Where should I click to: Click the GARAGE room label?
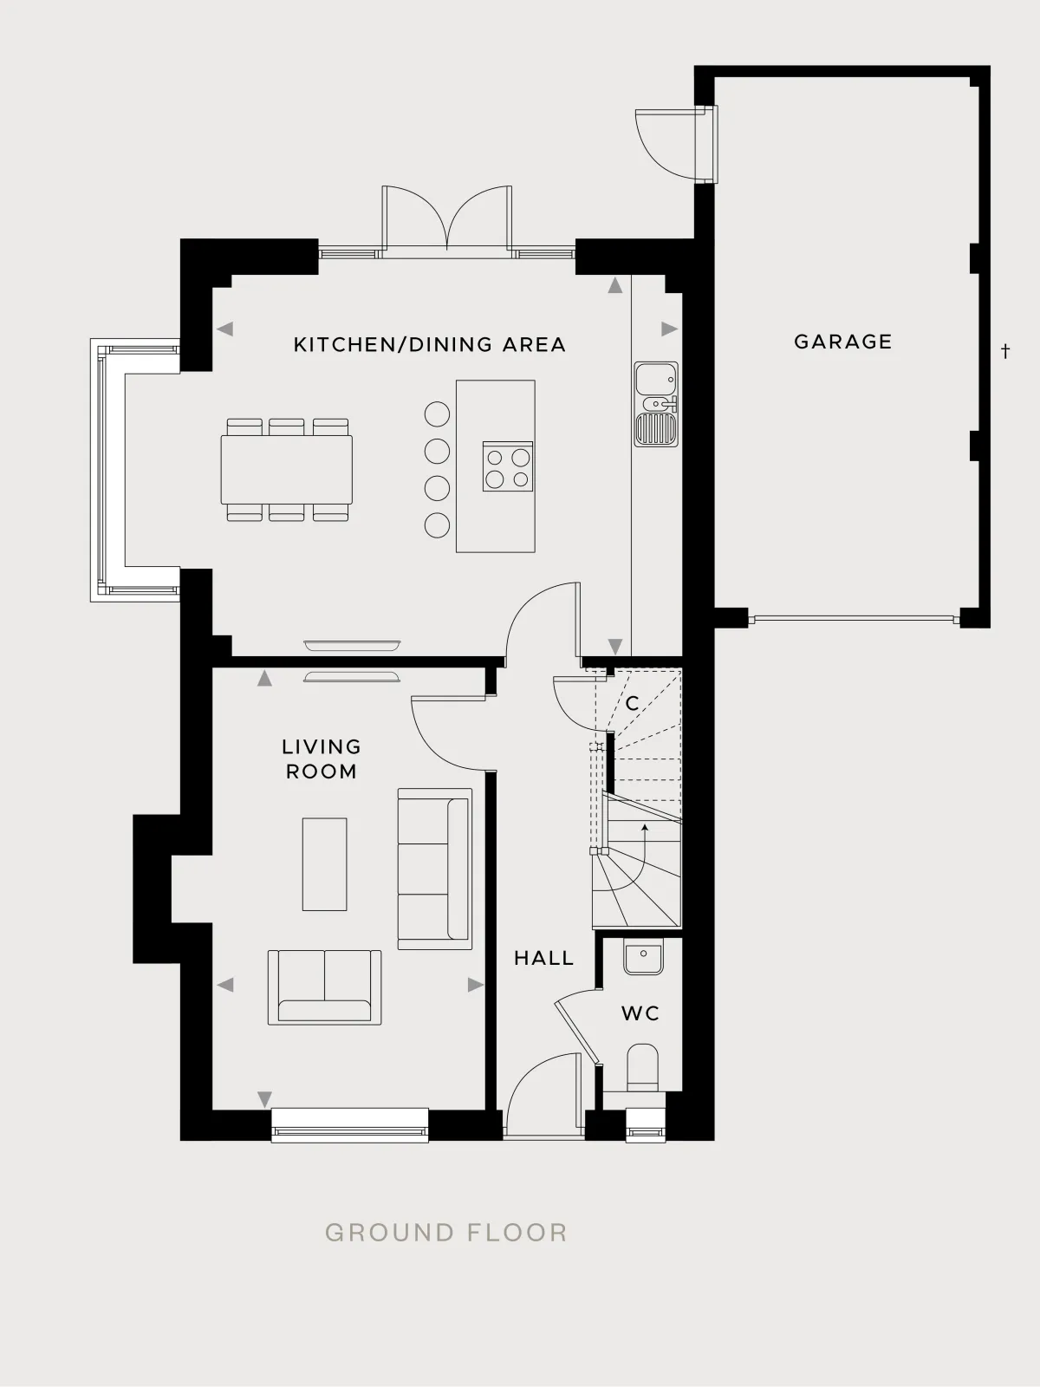(843, 342)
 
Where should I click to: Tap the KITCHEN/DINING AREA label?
(429, 344)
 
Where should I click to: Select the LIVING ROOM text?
(322, 759)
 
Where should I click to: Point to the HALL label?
(543, 958)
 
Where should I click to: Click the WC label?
(640, 1013)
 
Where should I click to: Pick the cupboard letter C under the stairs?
(632, 703)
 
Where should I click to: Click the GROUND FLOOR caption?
(446, 1232)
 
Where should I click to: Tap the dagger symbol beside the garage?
(1005, 351)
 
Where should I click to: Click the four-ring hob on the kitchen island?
(508, 466)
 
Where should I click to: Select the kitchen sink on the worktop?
(656, 405)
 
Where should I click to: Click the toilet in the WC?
(642, 1067)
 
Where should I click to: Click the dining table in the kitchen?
(287, 470)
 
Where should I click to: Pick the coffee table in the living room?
(324, 864)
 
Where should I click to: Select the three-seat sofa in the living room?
(434, 869)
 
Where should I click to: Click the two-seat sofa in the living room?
(324, 987)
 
